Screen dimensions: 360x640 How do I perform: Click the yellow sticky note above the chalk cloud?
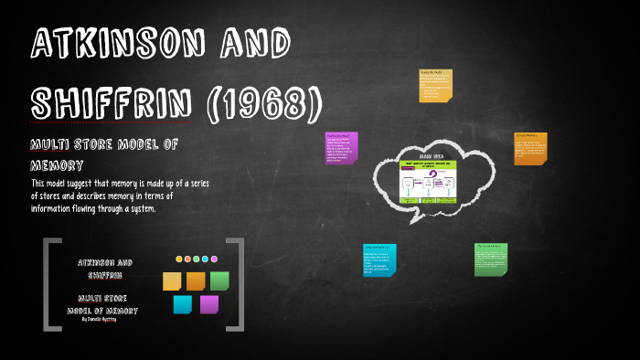(435, 84)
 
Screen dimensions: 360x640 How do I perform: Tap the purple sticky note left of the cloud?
(341, 149)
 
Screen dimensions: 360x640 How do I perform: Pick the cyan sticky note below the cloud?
(379, 260)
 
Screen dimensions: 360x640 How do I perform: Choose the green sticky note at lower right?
(490, 259)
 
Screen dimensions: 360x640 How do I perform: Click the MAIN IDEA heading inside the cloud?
(431, 156)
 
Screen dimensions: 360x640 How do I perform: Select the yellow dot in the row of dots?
(179, 259)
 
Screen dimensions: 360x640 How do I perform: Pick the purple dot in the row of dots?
(214, 259)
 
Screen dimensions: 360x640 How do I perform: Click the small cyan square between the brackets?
(183, 304)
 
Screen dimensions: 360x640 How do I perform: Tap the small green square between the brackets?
(219, 281)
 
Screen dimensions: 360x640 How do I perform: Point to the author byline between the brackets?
(102, 319)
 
